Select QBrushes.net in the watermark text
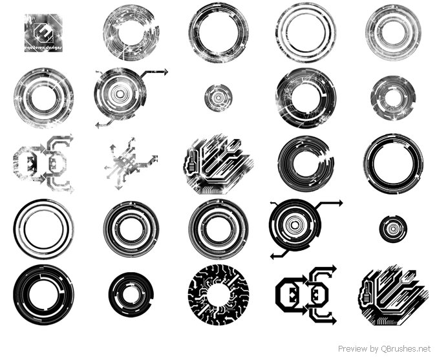tap(405, 349)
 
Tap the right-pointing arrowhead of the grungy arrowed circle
tap(165, 72)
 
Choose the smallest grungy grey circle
tap(218, 98)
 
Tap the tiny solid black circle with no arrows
tap(392, 229)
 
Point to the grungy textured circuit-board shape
tap(215, 164)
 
